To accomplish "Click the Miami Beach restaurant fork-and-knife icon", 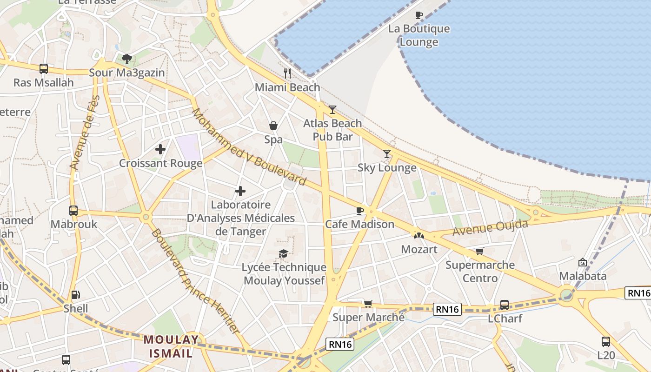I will tap(287, 73).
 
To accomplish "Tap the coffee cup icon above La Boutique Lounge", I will tap(419, 15).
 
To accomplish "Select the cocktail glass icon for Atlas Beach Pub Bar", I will tap(332, 110).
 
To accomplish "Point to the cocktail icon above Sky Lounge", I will tap(387, 154).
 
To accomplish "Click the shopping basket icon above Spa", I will tap(273, 126).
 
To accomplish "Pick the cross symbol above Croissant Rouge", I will tap(160, 149).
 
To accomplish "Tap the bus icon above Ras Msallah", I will tap(44, 69).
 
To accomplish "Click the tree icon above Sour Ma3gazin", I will tap(127, 59).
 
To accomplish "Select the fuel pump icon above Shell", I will tap(75, 295).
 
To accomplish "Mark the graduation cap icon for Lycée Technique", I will tap(283, 253).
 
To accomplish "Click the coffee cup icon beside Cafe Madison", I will tap(359, 211).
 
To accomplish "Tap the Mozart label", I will tap(419, 249).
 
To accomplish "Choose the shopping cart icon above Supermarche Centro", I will tap(480, 251).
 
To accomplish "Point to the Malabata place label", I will tap(583, 276).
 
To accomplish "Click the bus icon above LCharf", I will tap(505, 305).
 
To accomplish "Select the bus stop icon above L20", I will tap(606, 342).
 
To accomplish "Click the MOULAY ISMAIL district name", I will tap(171, 346).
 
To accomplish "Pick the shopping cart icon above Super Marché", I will tap(368, 304).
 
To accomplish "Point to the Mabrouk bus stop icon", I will tap(73, 210).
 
